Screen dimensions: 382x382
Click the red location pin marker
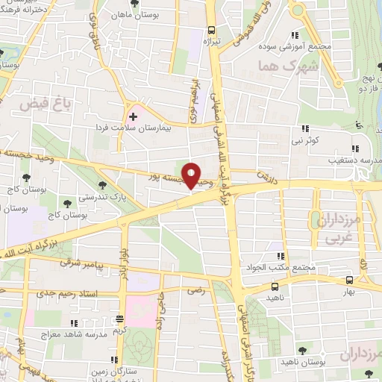point(192,175)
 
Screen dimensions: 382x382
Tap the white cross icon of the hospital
point(134,116)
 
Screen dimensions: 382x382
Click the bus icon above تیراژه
point(211,31)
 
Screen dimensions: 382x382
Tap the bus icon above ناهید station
point(275,286)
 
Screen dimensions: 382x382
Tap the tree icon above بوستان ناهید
point(302,350)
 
